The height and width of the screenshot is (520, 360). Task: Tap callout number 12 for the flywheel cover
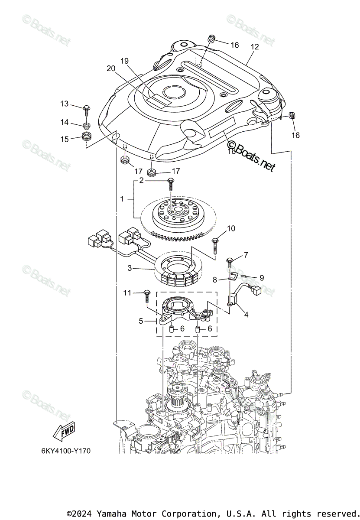point(254,47)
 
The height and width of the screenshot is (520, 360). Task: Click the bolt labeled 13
point(86,108)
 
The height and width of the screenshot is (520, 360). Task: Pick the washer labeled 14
point(87,126)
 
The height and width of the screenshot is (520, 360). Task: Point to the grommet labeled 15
point(87,138)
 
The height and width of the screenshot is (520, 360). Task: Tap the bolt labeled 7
point(229,262)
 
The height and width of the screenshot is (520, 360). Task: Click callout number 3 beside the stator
point(130,268)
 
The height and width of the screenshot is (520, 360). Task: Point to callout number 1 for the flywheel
point(122,199)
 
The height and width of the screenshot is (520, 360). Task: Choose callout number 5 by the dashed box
point(141,321)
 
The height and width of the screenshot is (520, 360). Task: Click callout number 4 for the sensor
point(246,315)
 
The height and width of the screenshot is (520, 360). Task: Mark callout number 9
point(261,278)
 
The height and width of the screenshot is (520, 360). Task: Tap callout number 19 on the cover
point(125,61)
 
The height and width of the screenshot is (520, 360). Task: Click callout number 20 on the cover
point(111,68)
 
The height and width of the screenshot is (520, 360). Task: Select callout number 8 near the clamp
point(214,280)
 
